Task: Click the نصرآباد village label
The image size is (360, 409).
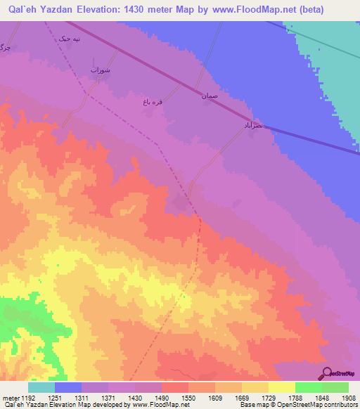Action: coord(252,124)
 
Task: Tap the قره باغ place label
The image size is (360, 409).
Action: coord(153,103)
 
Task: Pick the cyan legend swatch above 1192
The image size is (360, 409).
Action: coord(41,387)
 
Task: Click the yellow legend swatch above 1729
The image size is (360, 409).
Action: coord(255,387)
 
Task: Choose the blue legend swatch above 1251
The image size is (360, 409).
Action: coord(67,387)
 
